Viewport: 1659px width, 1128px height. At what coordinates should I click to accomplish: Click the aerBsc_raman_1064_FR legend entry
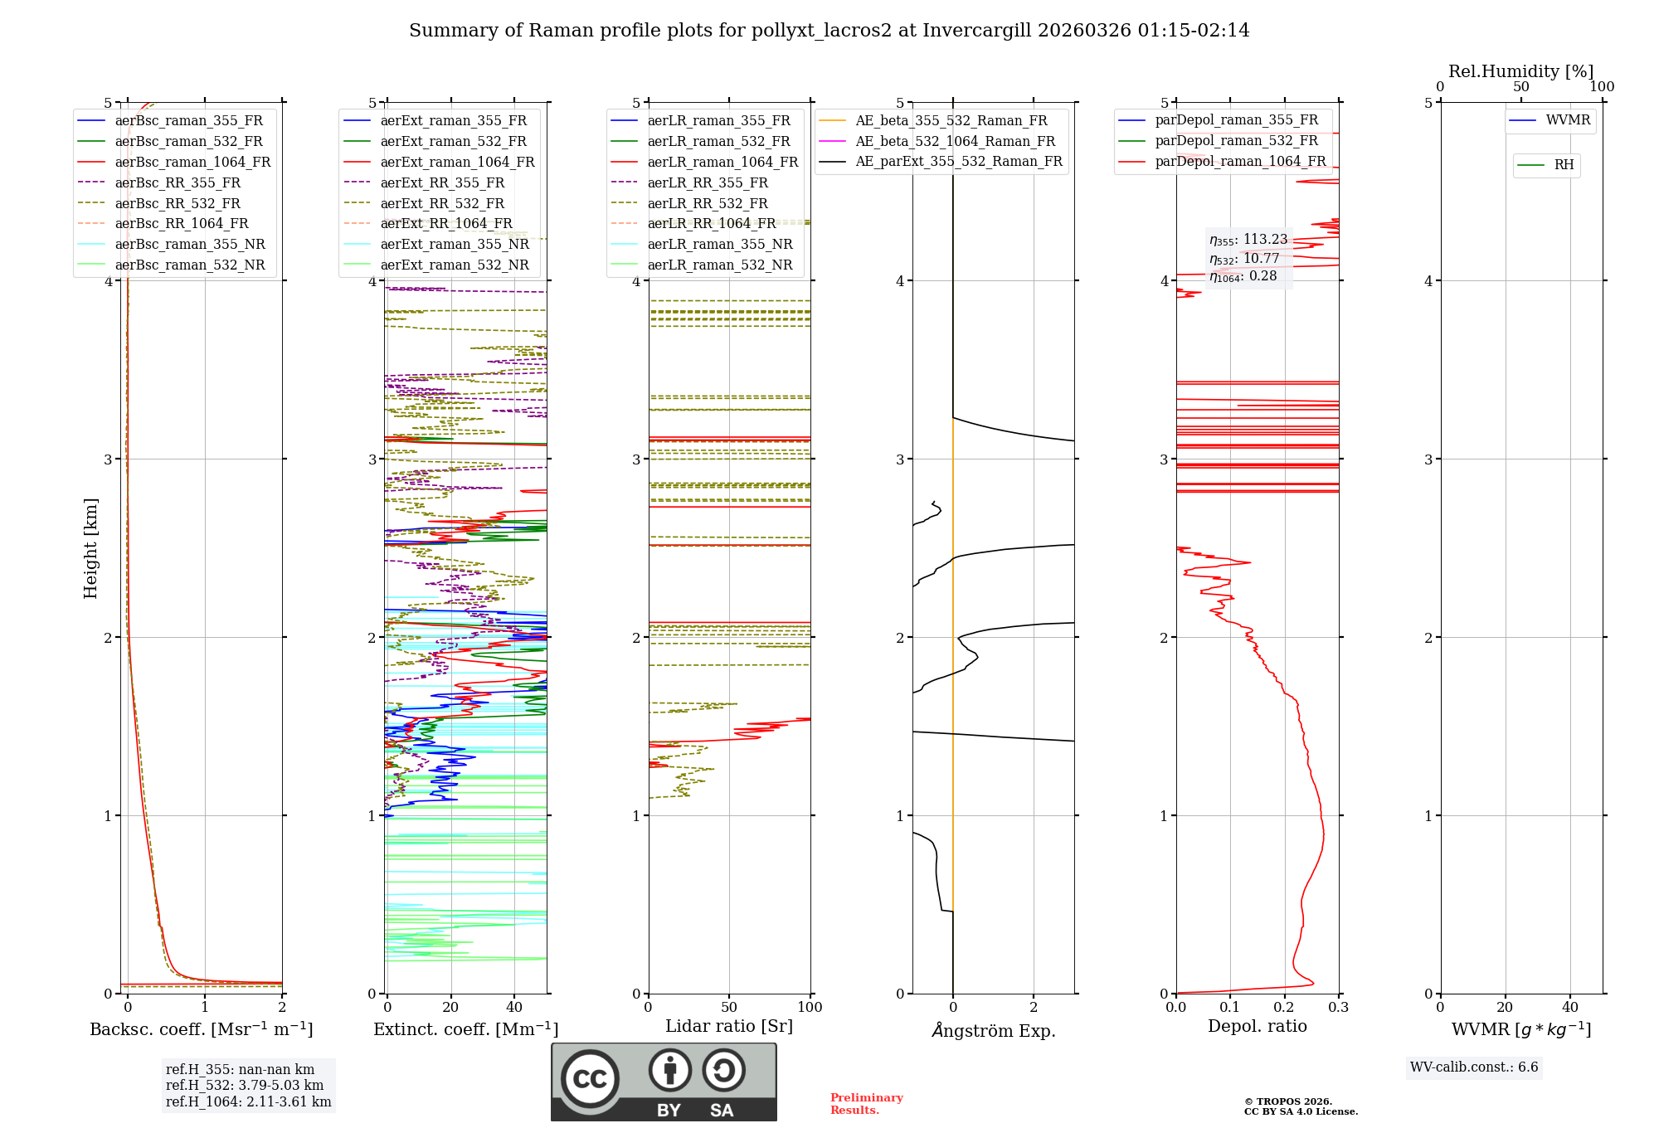pos(192,162)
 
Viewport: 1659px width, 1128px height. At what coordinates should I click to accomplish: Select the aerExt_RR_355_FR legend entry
pos(442,182)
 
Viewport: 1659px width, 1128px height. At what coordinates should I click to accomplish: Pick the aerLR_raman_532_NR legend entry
pos(719,265)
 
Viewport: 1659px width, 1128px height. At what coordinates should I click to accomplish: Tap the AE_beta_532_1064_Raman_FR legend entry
pos(955,141)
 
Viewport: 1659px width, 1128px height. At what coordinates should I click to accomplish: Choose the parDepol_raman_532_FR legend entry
pos(1236,141)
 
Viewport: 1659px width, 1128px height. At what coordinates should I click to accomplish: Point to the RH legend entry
pos(1564,165)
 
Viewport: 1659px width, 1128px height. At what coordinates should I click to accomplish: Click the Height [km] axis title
pos(90,548)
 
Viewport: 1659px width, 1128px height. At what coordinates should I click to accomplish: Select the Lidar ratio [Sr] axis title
pos(729,1026)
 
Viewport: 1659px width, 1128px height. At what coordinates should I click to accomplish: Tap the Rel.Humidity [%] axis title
pos(1520,71)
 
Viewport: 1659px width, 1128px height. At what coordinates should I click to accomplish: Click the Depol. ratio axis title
pos(1257,1026)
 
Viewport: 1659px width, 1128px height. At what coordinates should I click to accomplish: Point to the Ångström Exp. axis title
pos(993,1031)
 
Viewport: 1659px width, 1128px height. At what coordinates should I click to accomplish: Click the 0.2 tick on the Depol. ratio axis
pos(1284,1007)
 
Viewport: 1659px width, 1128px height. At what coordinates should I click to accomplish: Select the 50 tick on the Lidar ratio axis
pos(729,1007)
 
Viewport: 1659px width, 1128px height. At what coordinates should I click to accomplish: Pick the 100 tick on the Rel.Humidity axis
pos(1602,86)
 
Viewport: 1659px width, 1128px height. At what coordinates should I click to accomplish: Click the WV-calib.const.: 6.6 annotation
pos(1474,1067)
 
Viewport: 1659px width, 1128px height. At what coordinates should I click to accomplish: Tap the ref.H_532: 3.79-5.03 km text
pos(245,1085)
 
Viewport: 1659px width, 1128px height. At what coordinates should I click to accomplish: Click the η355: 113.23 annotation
pos(1248,240)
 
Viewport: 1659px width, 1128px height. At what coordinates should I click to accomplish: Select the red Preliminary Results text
pos(866,1103)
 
